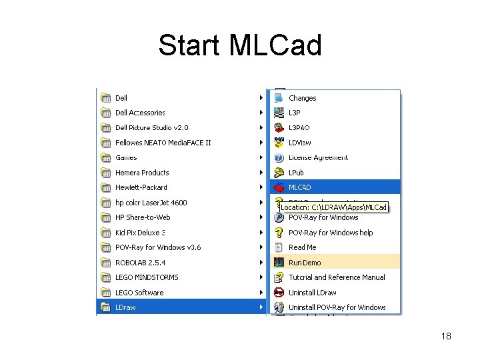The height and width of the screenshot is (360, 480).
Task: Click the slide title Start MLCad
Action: point(240,45)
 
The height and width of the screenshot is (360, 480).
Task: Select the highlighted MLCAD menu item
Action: point(299,187)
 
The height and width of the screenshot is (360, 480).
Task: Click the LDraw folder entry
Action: point(125,307)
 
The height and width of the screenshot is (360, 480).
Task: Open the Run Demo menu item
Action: point(305,263)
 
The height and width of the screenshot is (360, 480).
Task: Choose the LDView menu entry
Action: point(299,143)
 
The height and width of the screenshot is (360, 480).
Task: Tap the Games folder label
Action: point(126,157)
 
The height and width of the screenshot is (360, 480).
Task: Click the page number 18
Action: point(446,336)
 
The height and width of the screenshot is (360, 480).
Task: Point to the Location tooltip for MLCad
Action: point(332,207)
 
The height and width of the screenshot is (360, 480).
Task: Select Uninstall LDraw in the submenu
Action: point(312,293)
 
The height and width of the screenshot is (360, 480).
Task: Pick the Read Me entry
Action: point(302,247)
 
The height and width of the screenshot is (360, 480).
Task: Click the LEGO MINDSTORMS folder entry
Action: point(147,277)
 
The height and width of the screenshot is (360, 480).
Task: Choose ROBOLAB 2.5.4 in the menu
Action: point(139,263)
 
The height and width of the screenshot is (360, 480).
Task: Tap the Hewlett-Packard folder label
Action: point(141,187)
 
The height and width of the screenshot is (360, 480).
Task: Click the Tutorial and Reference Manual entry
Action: point(337,277)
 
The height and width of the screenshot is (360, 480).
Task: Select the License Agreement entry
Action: point(318,157)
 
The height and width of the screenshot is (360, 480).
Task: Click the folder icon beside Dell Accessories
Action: point(105,113)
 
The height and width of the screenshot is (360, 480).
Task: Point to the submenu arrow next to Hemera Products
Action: point(261,173)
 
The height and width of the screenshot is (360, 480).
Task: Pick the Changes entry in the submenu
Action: point(302,98)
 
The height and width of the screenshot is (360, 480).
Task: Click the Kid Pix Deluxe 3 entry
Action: point(139,233)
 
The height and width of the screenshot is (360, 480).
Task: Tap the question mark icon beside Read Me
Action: point(279,247)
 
